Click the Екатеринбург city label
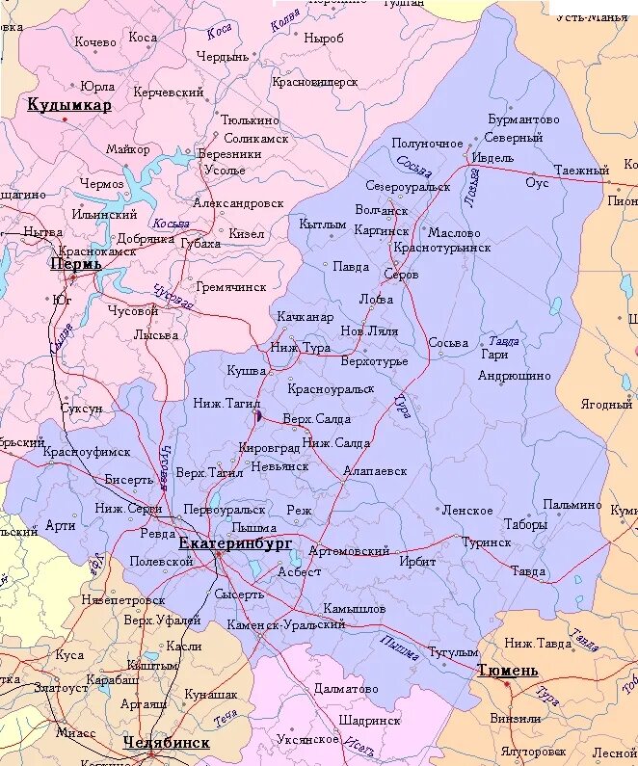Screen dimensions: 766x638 pyautogui.click(x=235, y=544)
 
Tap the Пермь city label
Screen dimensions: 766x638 pyautogui.click(x=69, y=263)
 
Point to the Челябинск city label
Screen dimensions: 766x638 pyautogui.click(x=166, y=743)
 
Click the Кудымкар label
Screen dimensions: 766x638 pyautogui.click(x=69, y=105)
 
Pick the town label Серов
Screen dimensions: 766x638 pyautogui.click(x=401, y=275)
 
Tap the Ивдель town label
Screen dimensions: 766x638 pyautogui.click(x=492, y=158)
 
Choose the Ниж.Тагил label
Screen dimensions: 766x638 pyautogui.click(x=221, y=403)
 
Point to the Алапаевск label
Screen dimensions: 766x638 pyautogui.click(x=375, y=471)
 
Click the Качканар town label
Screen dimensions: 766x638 pyautogui.click(x=305, y=317)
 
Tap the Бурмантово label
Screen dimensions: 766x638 pyautogui.click(x=522, y=120)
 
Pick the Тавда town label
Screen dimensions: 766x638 pyautogui.click(x=527, y=571)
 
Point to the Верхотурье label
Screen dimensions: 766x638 pyautogui.click(x=374, y=361)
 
